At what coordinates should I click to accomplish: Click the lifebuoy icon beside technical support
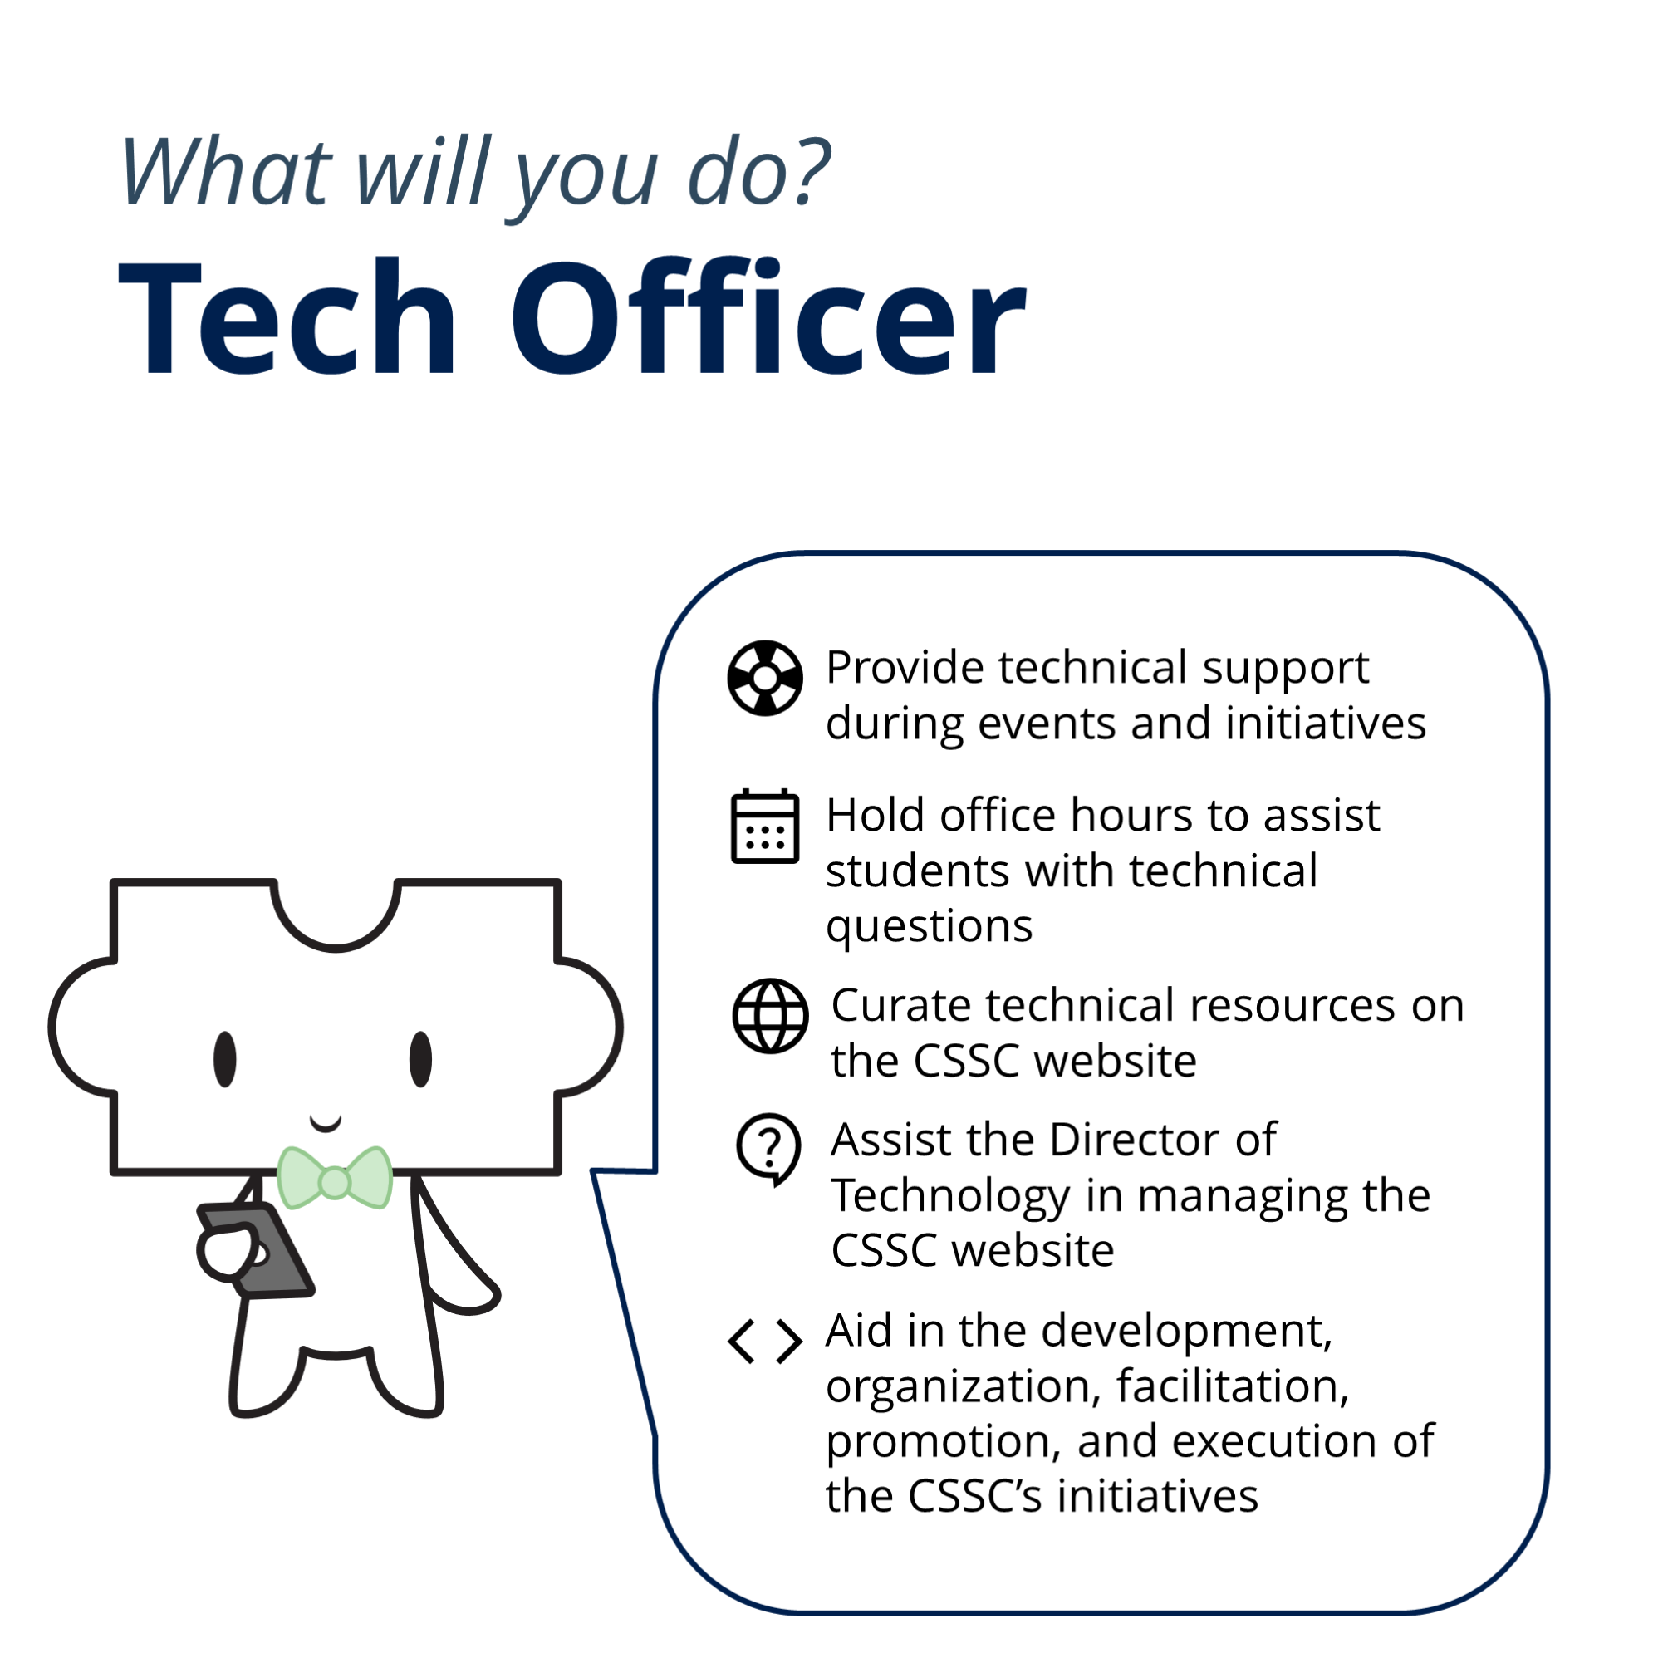[765, 678]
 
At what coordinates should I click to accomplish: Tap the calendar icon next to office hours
[765, 826]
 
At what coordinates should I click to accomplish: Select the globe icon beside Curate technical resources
[770, 1016]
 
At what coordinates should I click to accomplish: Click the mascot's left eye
[225, 1059]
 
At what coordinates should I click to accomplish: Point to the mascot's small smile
[326, 1122]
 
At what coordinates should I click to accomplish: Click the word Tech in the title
[287, 317]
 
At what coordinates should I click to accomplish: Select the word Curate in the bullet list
[902, 1005]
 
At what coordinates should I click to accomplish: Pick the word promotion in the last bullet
[944, 1442]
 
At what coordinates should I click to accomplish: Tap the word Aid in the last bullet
[860, 1331]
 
